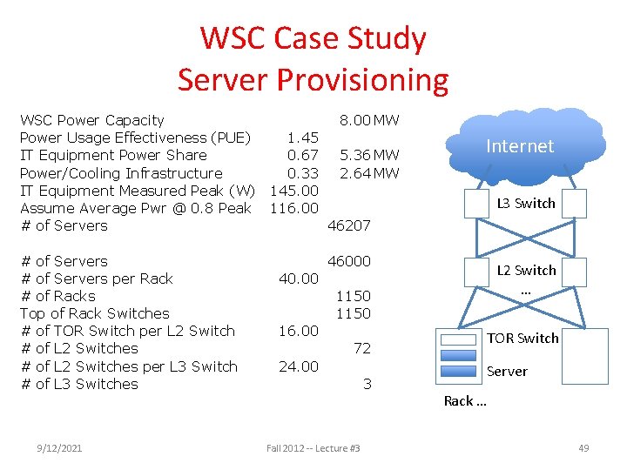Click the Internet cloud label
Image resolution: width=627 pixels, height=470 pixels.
click(x=520, y=146)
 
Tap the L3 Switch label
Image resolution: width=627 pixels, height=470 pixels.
click(x=525, y=203)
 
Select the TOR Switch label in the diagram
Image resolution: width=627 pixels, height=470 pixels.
click(x=522, y=338)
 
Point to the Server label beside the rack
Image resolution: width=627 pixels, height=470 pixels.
click(x=507, y=371)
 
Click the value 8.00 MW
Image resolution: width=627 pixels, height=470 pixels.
click(x=369, y=120)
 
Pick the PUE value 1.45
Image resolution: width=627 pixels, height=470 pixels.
click(x=303, y=138)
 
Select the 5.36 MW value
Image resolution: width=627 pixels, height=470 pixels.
click(x=369, y=155)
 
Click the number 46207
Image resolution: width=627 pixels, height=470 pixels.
click(x=348, y=225)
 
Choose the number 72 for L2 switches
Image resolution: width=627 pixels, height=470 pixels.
click(x=362, y=348)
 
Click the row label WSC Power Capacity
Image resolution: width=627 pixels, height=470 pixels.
click(x=91, y=120)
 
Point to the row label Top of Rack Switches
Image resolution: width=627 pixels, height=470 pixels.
click(x=94, y=313)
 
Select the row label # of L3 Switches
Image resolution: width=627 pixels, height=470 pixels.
click(x=78, y=384)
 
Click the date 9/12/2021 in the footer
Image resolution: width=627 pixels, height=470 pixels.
click(x=59, y=448)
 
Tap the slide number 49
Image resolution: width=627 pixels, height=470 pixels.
click(x=583, y=448)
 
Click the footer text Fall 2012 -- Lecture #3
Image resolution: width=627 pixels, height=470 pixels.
click(x=313, y=448)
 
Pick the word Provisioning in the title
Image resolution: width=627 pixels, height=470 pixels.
click(x=362, y=80)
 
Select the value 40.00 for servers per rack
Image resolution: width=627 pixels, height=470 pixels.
click(x=298, y=279)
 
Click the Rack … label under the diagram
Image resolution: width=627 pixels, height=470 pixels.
click(x=465, y=400)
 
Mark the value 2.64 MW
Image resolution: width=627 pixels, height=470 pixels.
click(x=369, y=173)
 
